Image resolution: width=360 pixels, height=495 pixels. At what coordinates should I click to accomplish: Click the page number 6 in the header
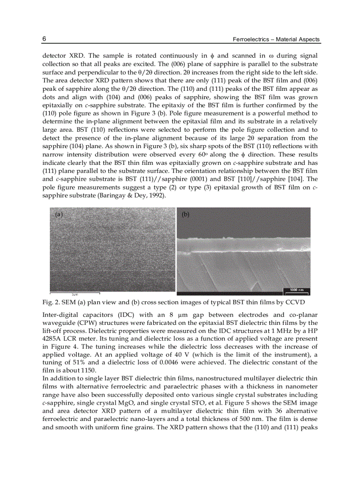44,39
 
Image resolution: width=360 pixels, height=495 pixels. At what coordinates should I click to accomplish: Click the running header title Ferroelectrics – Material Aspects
276,40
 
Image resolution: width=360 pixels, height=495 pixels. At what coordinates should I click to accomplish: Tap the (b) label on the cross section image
186,215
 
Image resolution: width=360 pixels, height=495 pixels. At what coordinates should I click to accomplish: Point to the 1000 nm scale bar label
296,290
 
